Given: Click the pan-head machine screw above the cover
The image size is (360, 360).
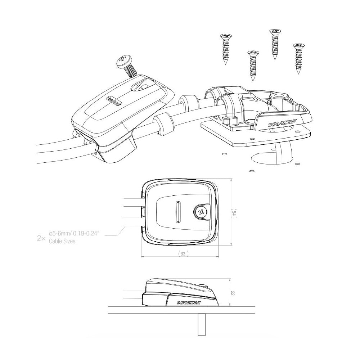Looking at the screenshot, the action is tap(127, 66).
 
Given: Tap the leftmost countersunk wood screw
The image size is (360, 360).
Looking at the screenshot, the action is tap(226, 49).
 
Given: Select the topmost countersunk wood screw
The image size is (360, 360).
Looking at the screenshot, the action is tap(275, 44).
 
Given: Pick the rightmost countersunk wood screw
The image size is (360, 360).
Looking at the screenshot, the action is tap(298, 59).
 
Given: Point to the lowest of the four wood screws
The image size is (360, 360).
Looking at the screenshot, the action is tap(253, 66).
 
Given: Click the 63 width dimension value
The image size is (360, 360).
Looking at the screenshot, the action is tap(183, 254).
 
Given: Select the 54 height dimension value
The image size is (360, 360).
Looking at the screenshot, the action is tap(234, 213).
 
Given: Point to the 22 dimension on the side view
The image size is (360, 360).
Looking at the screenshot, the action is tap(233, 293).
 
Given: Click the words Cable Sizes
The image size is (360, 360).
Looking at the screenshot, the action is tap(62, 241).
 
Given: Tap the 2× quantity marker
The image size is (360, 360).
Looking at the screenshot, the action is tap(41, 238).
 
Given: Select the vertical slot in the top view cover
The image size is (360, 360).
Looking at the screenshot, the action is tap(178, 212).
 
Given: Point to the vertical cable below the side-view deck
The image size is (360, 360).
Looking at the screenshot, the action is tap(201, 325).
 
